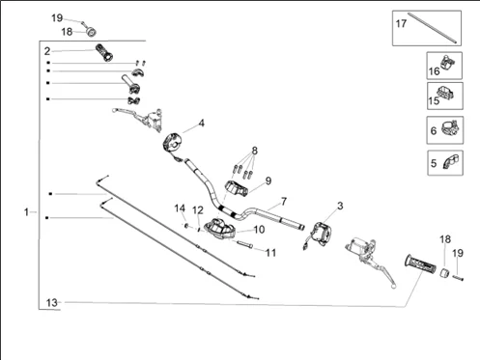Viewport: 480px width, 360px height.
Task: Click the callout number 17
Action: point(401,23)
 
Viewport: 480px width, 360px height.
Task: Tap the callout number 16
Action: point(435,70)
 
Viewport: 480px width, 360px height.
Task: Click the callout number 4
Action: point(202,124)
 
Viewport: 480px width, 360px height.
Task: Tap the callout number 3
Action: point(339,207)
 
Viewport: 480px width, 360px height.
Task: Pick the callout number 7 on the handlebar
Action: point(284,202)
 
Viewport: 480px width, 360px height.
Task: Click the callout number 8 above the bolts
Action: point(255,151)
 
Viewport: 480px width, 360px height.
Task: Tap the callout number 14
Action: point(180,208)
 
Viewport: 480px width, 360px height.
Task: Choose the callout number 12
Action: point(197,210)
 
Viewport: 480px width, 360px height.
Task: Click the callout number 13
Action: point(52,303)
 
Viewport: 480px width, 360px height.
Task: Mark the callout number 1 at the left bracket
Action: point(28,210)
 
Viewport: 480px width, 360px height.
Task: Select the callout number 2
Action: point(46,50)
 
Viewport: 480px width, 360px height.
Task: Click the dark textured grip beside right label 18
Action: point(422,262)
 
